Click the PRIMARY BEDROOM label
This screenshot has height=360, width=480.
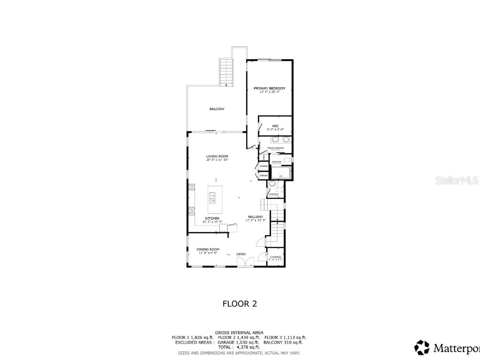pyautogui.click(x=269, y=88)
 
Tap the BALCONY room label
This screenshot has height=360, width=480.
pyautogui.click(x=217, y=109)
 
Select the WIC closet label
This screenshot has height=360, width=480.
pyautogui.click(x=276, y=126)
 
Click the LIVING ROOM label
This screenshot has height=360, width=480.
pyautogui.click(x=217, y=156)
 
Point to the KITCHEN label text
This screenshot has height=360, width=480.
pyautogui.click(x=212, y=218)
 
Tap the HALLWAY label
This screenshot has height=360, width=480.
pyautogui.click(x=256, y=217)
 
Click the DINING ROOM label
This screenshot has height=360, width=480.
pyautogui.click(x=208, y=249)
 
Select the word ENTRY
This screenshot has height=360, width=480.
pyautogui.click(x=241, y=254)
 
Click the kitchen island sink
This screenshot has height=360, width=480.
pyautogui.click(x=212, y=200)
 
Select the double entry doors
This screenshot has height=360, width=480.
pyautogui.click(x=244, y=262)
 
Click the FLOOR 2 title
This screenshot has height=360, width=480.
pyautogui.click(x=240, y=304)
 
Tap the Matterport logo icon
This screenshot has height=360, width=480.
pyautogui.click(x=422, y=347)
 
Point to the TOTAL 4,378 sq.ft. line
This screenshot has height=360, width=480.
pyautogui.click(x=239, y=347)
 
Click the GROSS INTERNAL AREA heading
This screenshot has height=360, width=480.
pyautogui.click(x=239, y=332)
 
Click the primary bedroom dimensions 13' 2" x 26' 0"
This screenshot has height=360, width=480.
pyautogui.click(x=269, y=92)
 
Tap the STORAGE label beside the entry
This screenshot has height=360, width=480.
pyautogui.click(x=275, y=257)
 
